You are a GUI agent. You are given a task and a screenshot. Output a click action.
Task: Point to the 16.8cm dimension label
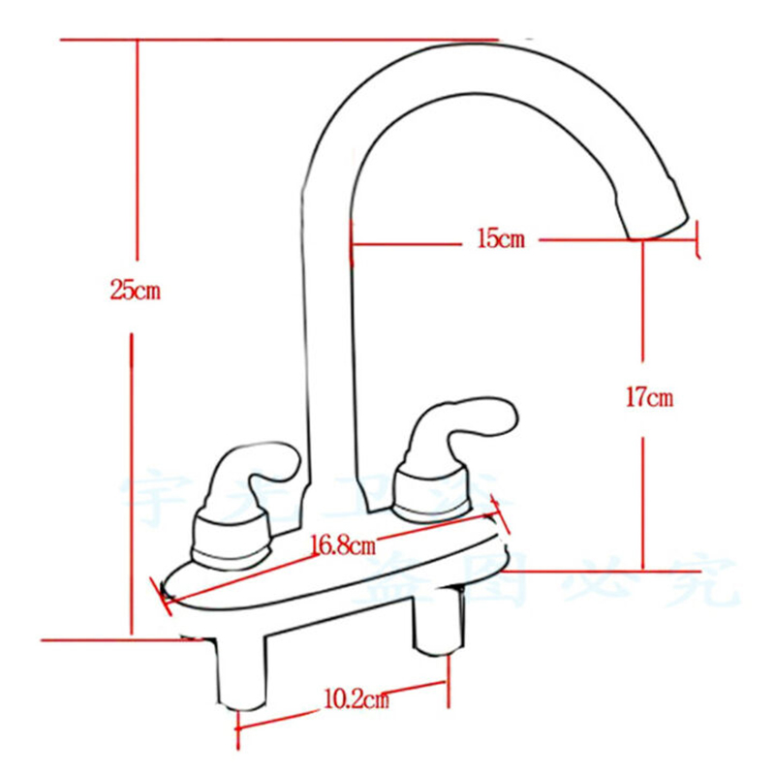(342, 545)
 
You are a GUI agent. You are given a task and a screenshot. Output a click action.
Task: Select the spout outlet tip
(659, 226)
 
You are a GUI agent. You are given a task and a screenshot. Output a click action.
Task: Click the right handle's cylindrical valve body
(433, 492)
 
